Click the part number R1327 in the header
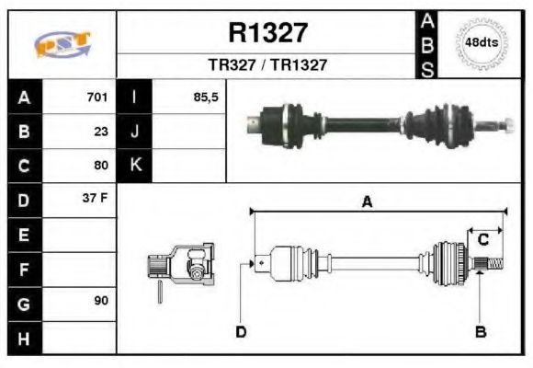click(267, 33)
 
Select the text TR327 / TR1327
click(267, 65)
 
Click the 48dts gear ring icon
click(482, 43)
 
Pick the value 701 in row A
click(97, 97)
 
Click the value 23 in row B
click(101, 131)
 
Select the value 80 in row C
click(101, 166)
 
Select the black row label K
click(135, 166)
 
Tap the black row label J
click(135, 131)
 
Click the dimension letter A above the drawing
click(367, 203)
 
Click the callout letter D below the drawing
click(241, 331)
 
